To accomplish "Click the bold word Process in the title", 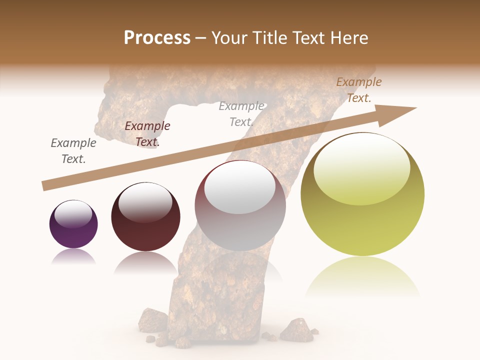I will point(157,38).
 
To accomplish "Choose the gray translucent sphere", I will point(240,210).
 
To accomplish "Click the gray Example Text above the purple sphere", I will point(73,150).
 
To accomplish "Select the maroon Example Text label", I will point(147,133).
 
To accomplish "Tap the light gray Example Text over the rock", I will point(241,113).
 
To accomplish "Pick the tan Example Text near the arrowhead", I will point(359,89).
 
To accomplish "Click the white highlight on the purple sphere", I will point(73,214).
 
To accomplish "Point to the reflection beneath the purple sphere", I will point(73,257).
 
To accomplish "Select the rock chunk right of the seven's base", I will point(297,330).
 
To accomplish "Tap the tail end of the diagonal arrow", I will point(45,186).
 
